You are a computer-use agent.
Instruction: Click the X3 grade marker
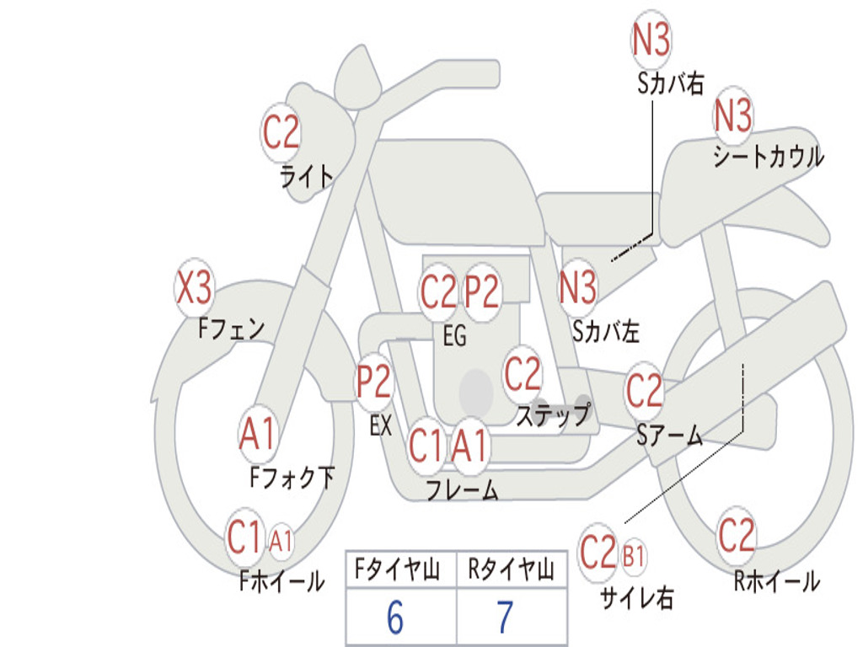click(194, 289)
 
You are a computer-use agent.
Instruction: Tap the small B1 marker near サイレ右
click(634, 555)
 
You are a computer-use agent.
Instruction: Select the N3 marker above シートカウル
click(733, 116)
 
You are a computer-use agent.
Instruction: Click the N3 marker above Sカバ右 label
click(651, 40)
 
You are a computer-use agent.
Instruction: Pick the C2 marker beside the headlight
click(281, 131)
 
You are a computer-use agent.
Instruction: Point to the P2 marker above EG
click(483, 291)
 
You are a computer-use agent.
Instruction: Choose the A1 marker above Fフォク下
click(257, 434)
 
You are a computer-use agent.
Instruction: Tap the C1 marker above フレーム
click(426, 445)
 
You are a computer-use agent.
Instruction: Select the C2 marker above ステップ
click(523, 373)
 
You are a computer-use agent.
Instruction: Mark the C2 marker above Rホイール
click(737, 534)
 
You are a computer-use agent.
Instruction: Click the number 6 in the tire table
click(395, 618)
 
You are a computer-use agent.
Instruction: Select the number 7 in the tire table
click(505, 618)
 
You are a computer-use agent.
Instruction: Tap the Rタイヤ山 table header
click(511, 571)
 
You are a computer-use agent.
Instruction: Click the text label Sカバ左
click(606, 332)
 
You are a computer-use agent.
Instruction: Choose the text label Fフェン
click(232, 328)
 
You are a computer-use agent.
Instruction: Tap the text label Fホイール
click(282, 580)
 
